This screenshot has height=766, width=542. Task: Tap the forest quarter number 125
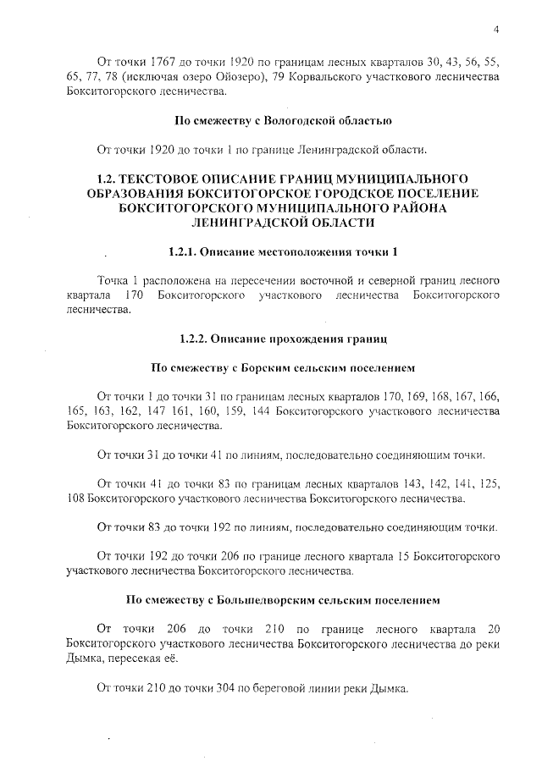488,485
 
